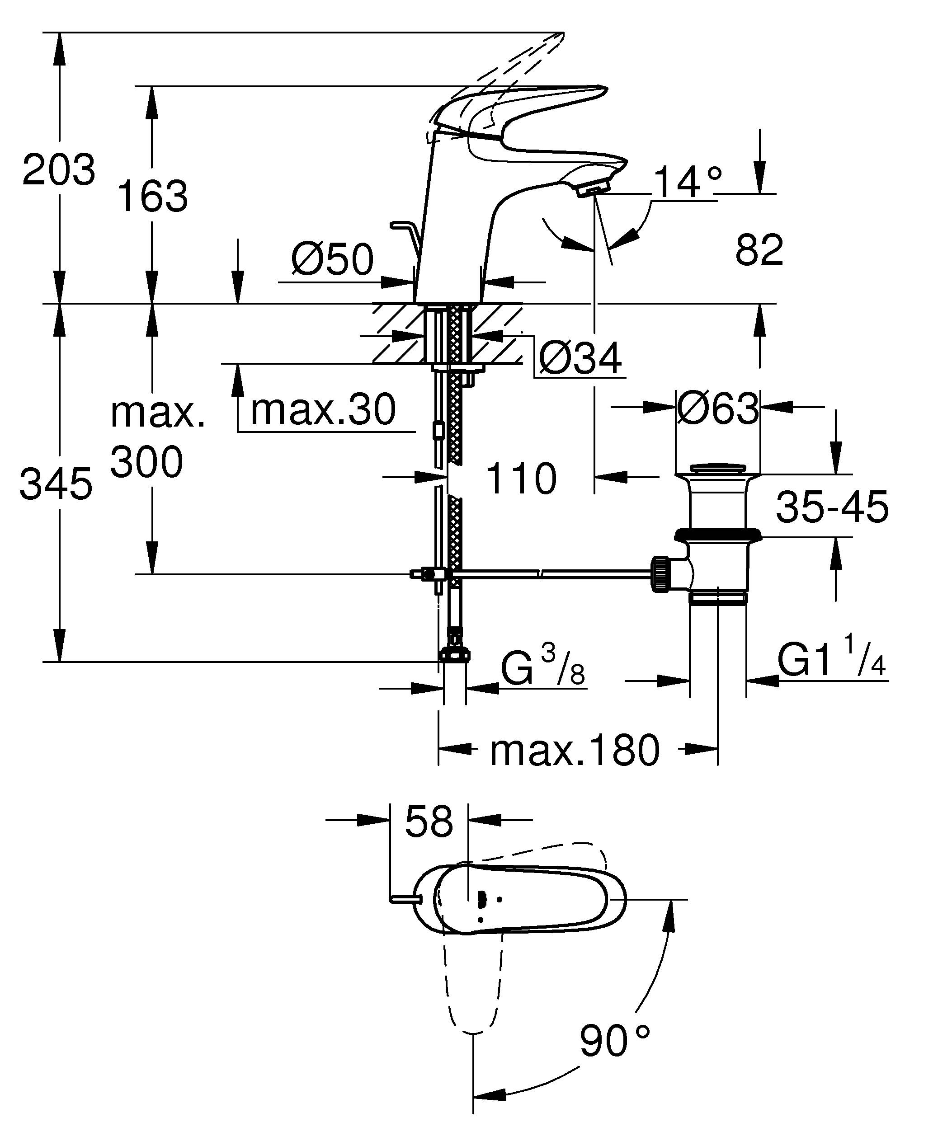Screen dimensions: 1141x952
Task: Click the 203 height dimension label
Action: tap(59, 170)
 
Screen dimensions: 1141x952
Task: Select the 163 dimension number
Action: tap(152, 196)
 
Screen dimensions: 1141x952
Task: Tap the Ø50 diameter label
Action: tap(333, 259)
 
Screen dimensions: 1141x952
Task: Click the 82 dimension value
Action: tap(759, 250)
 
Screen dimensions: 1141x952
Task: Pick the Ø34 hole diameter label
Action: tap(580, 359)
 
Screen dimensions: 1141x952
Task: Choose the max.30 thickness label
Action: tap(323, 410)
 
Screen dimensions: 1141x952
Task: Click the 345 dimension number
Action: tap(56, 484)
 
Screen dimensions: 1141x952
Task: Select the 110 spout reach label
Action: tap(521, 479)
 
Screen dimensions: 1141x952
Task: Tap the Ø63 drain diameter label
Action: tap(717, 409)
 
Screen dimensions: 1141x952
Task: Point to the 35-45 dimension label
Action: tap(831, 507)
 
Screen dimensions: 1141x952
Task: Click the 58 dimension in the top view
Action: tap(429, 821)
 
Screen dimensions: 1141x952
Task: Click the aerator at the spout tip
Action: tap(594, 190)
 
